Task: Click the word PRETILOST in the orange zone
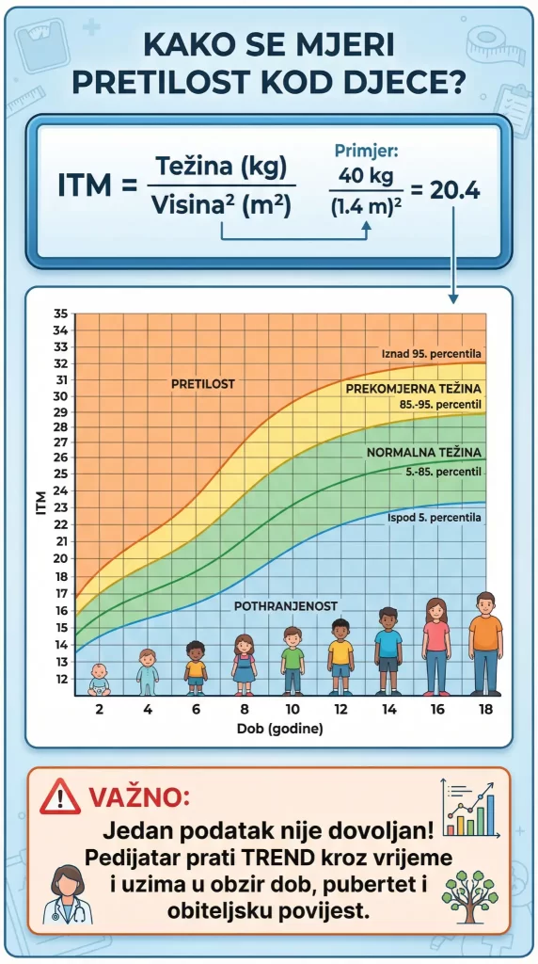[x=203, y=384]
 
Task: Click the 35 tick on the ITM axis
[x=60, y=314]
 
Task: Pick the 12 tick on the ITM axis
[x=60, y=679]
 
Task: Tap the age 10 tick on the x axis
[x=292, y=709]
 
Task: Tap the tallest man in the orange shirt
[x=485, y=643]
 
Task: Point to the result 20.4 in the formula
[x=454, y=190]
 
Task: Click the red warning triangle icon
[x=60, y=798]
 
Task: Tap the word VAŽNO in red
[x=139, y=798]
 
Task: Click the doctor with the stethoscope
[x=68, y=893]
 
